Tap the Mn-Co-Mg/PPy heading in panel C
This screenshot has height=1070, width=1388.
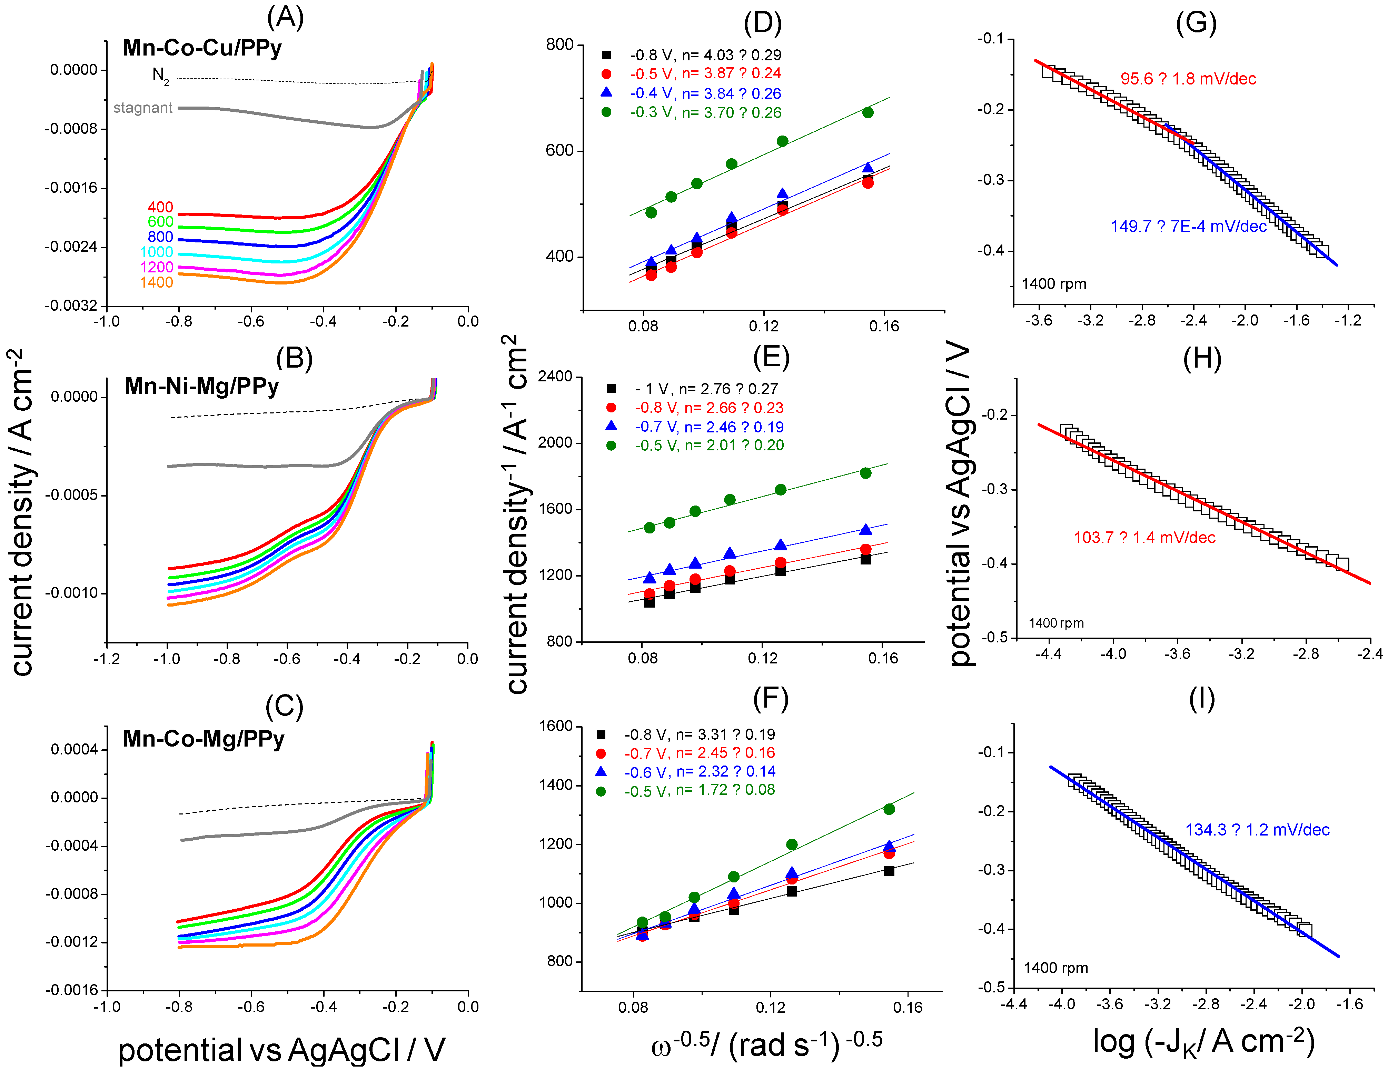point(204,738)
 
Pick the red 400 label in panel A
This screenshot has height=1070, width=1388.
point(160,207)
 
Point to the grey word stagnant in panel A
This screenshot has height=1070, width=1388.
point(143,108)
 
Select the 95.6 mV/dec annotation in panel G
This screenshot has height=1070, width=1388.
point(1188,79)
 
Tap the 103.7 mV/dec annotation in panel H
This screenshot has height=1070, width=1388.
point(1144,538)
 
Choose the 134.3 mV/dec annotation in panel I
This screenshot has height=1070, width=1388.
point(1257,830)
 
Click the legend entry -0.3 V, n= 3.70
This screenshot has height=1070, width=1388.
point(705,112)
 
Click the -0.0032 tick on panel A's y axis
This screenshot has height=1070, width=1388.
point(71,306)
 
